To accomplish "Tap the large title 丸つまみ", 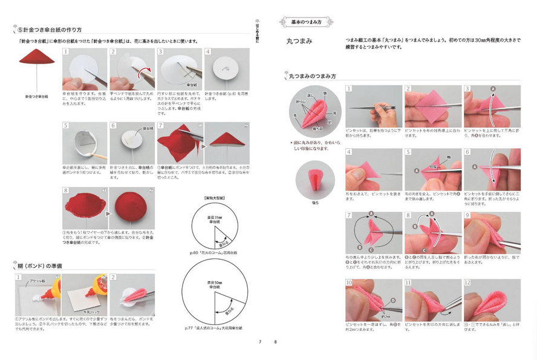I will pyautogui.click(x=300, y=42).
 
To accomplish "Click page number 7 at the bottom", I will pyautogui.click(x=260, y=342).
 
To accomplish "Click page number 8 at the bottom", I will pyautogui.click(x=275, y=342).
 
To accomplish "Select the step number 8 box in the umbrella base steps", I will pyautogui.click(x=66, y=189).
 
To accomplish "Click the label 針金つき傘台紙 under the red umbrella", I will pyautogui.click(x=37, y=96).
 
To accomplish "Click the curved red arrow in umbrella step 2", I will pyautogui.click(x=143, y=73).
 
